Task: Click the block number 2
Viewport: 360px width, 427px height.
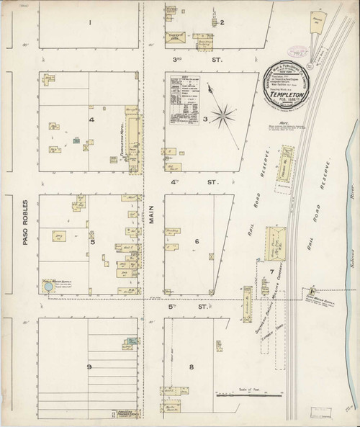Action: pyautogui.click(x=222, y=22)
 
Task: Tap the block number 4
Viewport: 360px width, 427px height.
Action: pyautogui.click(x=91, y=119)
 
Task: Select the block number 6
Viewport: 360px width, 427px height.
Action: pyautogui.click(x=196, y=241)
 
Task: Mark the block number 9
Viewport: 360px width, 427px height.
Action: pyautogui.click(x=89, y=367)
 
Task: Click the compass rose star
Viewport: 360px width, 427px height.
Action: pyautogui.click(x=225, y=112)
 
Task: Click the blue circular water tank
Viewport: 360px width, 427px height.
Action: pyautogui.click(x=48, y=287)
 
